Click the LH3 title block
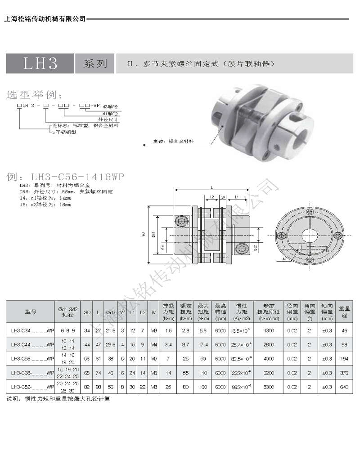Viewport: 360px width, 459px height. (39, 63)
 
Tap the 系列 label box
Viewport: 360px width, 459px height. (95, 63)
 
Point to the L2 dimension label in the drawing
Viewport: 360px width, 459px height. (212, 197)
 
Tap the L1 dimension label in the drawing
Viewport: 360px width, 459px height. (237, 197)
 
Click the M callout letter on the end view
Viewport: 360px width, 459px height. (284, 259)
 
